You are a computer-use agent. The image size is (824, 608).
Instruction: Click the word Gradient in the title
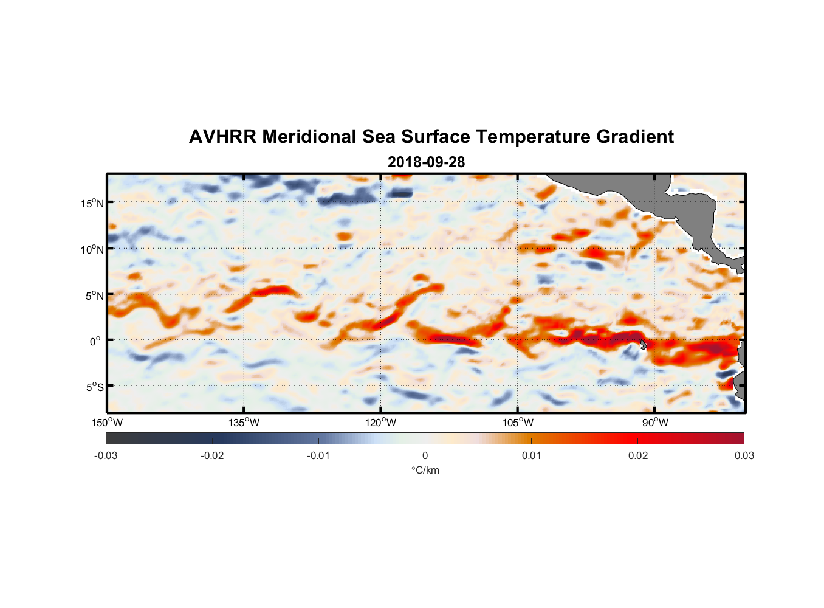point(635,137)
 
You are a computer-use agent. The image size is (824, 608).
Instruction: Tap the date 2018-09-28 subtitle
point(426,162)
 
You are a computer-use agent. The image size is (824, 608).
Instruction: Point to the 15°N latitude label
point(92,203)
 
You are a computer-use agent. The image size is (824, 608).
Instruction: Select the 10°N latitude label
point(92,249)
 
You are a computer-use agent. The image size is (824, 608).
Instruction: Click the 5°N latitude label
point(94,295)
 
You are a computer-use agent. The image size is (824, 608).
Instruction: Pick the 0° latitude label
point(95,341)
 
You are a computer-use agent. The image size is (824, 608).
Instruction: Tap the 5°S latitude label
point(94,387)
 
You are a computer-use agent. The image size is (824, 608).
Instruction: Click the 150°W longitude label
point(107,423)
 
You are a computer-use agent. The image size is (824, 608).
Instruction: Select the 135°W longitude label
point(244,423)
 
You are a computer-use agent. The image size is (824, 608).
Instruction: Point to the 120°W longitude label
point(380,423)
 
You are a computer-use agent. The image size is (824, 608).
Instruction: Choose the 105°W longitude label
point(518,423)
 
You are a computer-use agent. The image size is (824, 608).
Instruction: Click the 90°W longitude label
point(655,423)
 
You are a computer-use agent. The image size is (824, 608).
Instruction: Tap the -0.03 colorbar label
point(106,455)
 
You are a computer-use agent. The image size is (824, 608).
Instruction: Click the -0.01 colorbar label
point(318,455)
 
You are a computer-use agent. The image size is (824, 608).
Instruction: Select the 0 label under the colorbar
point(425,455)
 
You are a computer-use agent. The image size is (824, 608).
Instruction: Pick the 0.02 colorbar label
point(638,455)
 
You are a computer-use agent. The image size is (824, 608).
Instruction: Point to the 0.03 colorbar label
point(744,455)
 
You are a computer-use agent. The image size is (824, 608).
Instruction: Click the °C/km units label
point(425,470)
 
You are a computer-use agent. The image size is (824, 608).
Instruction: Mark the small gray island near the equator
point(643,345)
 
